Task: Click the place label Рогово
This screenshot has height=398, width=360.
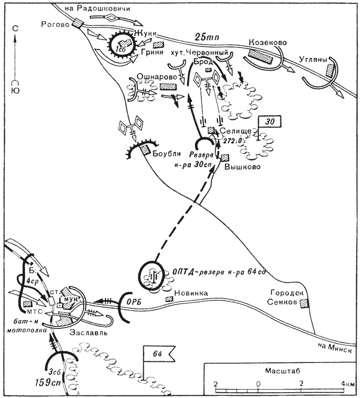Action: pos(56,24)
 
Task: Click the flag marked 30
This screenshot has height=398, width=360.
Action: pos(269,122)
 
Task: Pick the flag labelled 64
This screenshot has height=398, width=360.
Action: pos(157,355)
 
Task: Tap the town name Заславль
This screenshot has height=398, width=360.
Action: pos(87,333)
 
